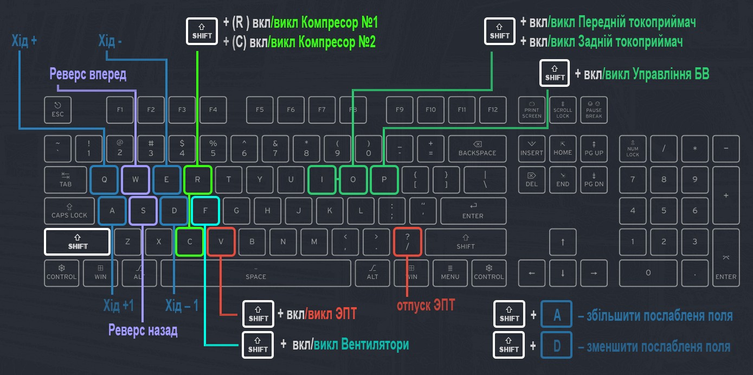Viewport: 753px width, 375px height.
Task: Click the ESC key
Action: tap(57, 110)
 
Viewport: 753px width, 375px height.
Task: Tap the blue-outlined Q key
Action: tap(104, 180)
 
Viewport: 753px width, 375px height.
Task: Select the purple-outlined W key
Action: tap(136, 180)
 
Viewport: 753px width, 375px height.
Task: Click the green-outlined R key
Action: tap(198, 180)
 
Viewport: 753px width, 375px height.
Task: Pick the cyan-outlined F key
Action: tap(205, 211)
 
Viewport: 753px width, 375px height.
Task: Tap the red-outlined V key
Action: tap(221, 242)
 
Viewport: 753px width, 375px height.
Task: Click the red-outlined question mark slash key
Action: tap(407, 242)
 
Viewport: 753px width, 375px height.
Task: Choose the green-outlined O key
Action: tap(353, 180)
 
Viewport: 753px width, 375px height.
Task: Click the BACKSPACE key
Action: tap(477, 149)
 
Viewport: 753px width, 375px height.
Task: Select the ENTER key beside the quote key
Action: tap(473, 211)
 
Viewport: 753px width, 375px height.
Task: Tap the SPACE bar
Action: tap(256, 273)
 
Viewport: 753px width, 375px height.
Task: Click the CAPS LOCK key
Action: tap(69, 211)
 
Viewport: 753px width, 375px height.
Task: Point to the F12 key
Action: tap(492, 110)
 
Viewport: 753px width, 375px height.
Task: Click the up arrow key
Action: tap(563, 242)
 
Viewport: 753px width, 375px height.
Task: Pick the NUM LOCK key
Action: tap(633, 149)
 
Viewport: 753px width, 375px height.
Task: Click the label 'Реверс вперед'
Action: tap(88, 74)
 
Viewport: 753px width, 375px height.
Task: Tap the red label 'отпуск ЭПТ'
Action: tap(426, 305)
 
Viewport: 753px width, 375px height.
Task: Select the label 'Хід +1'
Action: tap(119, 306)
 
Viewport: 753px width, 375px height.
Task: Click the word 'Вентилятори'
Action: tap(375, 345)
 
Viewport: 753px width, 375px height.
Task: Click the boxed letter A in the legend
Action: tap(557, 315)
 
